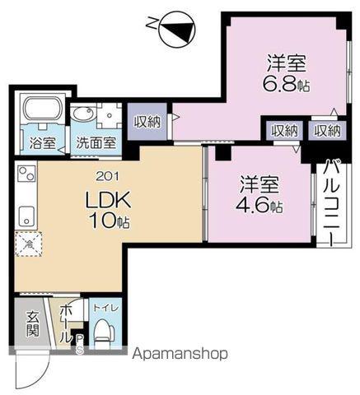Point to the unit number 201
tap(106, 175)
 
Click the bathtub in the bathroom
tap(41, 111)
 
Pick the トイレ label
tap(103, 308)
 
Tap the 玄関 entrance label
tap(32, 324)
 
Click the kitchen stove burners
tap(26, 175)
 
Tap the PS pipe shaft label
tap(79, 344)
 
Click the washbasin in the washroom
tap(82, 116)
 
